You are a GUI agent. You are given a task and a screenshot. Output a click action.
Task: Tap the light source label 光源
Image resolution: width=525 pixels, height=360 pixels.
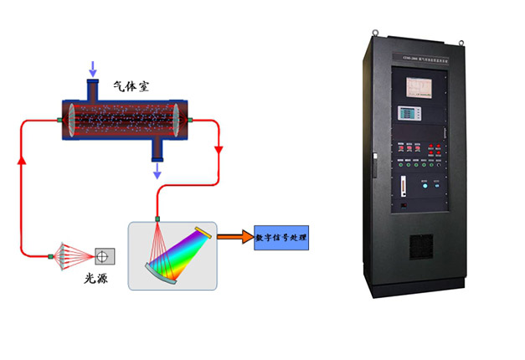96,277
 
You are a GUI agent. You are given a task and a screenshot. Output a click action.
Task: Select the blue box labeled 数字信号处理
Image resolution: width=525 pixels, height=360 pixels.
280,238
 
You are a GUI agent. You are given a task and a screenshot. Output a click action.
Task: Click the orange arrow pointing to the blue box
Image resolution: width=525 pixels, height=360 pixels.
234,238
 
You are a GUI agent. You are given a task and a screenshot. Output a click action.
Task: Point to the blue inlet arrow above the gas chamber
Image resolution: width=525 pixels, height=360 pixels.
91,66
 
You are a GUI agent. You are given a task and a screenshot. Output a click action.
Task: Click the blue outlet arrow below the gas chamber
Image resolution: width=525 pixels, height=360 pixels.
157,171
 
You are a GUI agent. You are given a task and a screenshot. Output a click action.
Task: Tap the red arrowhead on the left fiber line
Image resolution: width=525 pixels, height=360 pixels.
21,159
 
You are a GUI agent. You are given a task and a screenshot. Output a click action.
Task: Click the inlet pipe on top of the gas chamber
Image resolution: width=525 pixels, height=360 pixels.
91,88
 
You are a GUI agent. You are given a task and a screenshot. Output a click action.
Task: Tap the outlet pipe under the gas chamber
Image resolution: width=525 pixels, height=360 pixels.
157,149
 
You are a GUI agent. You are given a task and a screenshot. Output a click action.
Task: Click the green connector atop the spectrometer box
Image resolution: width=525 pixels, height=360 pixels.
157,220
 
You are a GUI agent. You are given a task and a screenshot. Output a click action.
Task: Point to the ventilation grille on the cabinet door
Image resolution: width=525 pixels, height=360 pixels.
422,244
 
